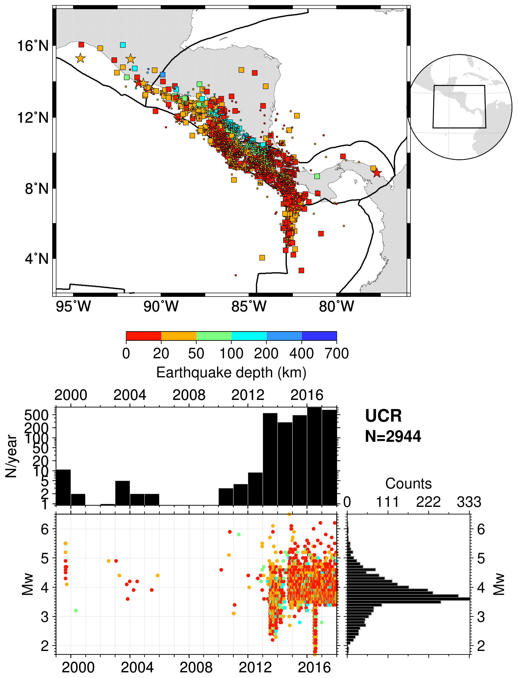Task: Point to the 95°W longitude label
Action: pos(74,307)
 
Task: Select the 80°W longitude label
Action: pos(337,307)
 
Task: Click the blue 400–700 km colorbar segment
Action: pos(319,336)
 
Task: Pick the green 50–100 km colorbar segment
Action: pos(214,336)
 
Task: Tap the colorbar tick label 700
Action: pos(337,354)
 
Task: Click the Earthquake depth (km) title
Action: pos(231,373)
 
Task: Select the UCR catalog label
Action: pos(383,416)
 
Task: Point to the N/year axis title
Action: pos(11,456)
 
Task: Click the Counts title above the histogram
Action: pos(408,484)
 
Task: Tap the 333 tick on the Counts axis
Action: pos(469,502)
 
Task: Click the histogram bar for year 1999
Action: pos(63,487)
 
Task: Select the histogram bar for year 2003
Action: pos(122,493)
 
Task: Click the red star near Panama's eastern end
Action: pos(377,173)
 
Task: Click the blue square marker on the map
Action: pos(162,75)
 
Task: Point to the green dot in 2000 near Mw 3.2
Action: pos(76,611)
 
